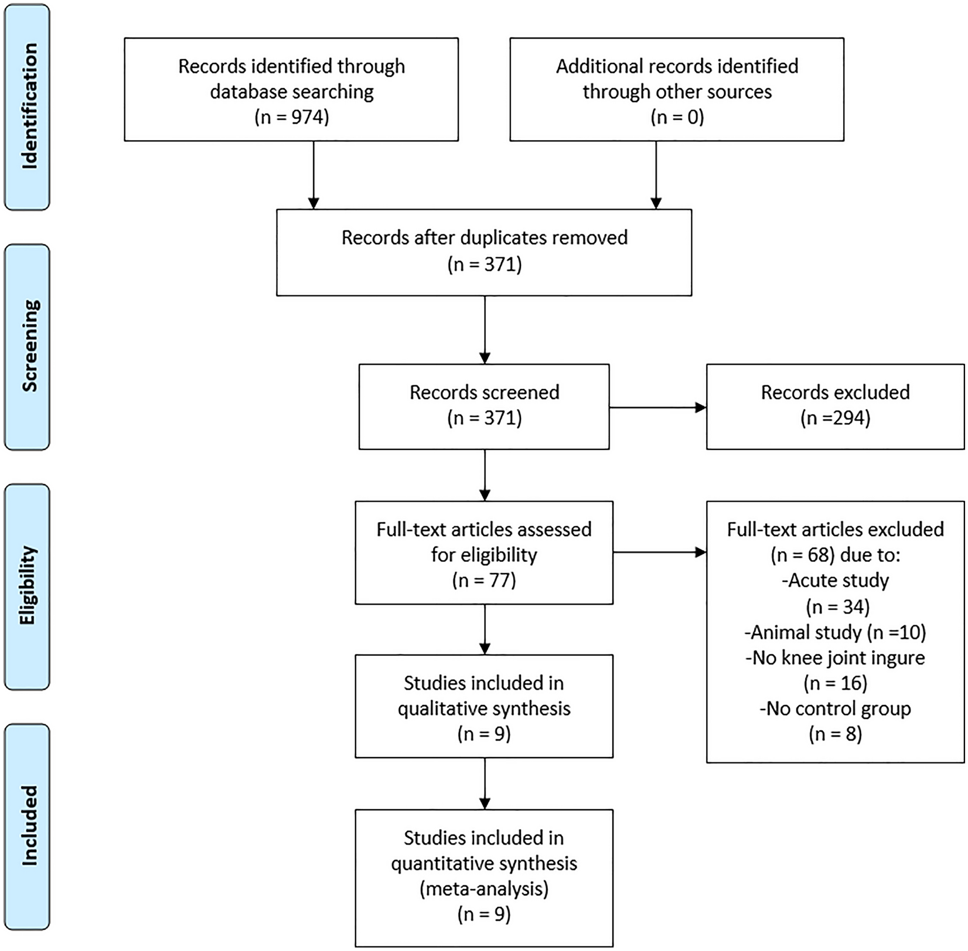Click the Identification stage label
[28, 107]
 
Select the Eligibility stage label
[28, 585]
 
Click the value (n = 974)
[291, 117]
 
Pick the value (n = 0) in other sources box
[677, 117]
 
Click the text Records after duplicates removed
[484, 238]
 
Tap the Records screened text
[484, 392]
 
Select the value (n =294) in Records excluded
[835, 418]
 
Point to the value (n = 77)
[484, 580]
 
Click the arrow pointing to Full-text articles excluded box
[659, 552]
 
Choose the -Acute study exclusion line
[835, 580]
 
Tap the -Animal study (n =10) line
[835, 632]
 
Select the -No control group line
[835, 709]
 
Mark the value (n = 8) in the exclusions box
[835, 734]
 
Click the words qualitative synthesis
[484, 709]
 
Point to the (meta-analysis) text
[484, 889]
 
